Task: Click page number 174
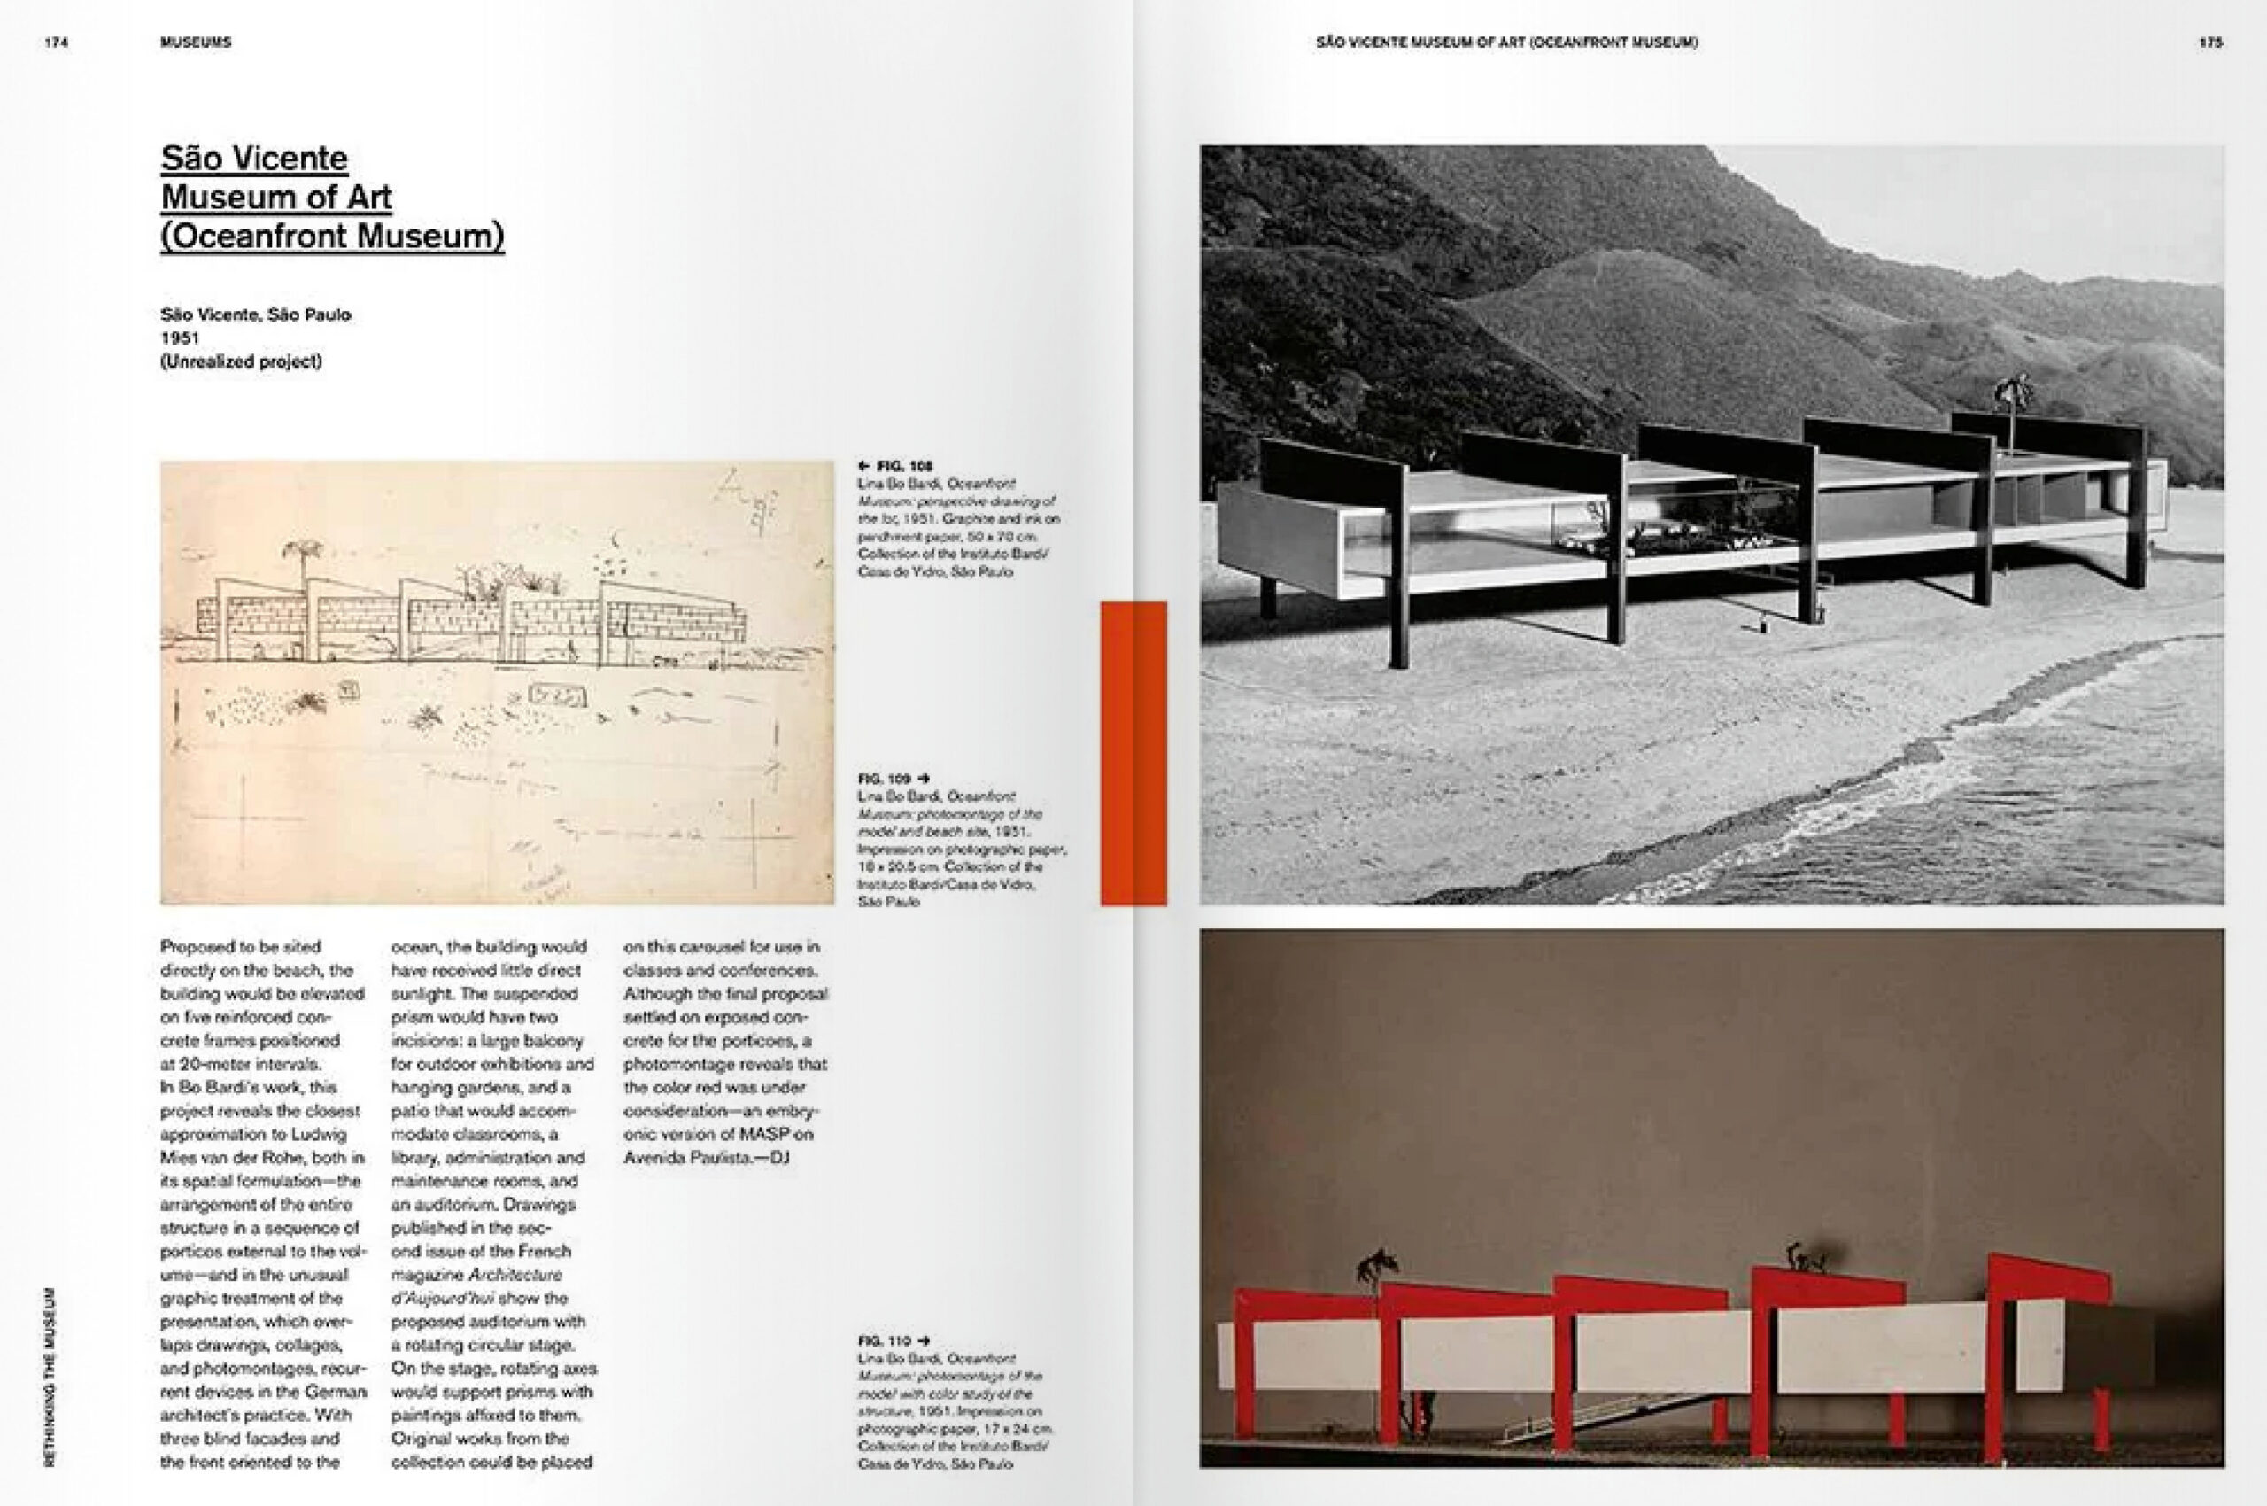[x=56, y=43]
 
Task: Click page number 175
[x=2210, y=43]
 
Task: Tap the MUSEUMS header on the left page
[x=196, y=43]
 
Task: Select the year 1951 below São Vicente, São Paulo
[x=180, y=338]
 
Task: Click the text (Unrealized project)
[x=241, y=362]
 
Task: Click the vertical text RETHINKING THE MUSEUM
[x=50, y=1376]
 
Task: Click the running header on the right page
[x=1506, y=43]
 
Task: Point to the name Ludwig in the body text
[x=317, y=1134]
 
